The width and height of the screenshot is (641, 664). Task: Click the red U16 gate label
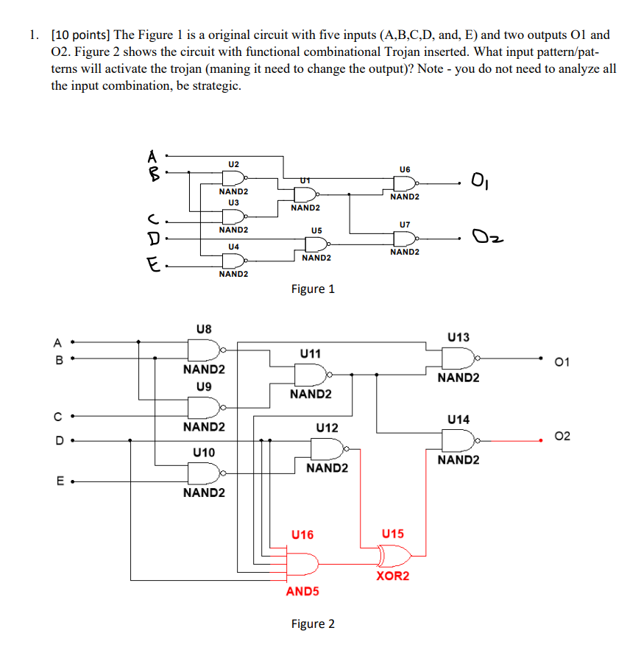coord(302,534)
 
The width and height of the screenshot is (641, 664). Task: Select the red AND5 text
coord(302,591)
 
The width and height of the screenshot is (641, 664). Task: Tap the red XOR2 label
coord(392,576)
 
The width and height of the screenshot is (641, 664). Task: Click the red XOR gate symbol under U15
coord(392,554)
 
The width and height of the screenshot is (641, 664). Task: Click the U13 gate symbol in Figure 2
coord(458,358)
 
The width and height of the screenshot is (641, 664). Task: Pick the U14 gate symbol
coord(458,440)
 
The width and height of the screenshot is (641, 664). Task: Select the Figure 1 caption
coord(313,289)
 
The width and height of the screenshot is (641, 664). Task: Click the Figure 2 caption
coord(313,624)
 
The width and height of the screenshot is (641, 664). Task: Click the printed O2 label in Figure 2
coord(562,437)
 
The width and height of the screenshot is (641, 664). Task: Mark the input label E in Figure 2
coord(57,483)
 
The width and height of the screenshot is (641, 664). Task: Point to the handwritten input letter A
coord(152,156)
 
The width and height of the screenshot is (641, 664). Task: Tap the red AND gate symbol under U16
coord(302,564)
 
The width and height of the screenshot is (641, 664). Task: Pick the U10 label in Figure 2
coord(203,452)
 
